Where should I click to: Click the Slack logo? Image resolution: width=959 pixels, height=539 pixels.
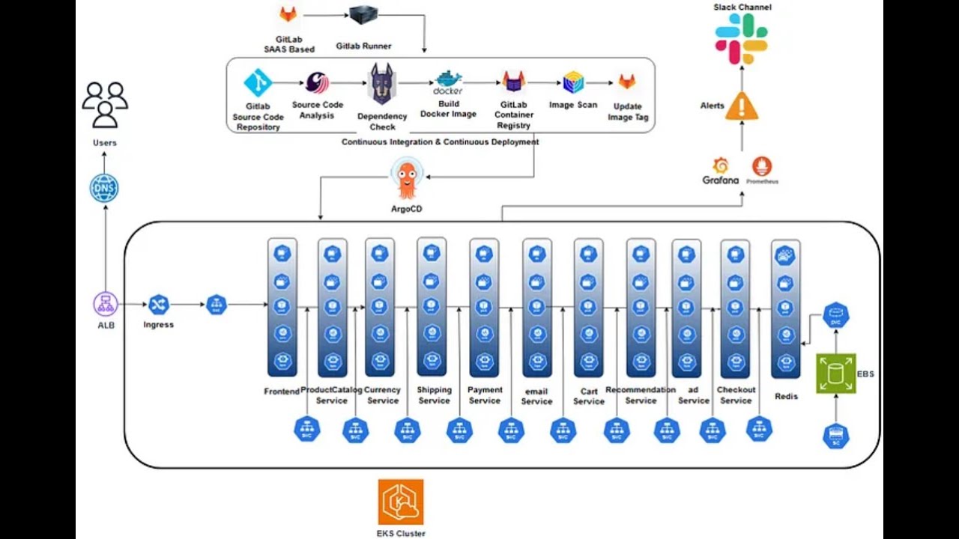741,38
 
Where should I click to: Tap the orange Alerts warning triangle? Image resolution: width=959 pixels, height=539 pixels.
741,106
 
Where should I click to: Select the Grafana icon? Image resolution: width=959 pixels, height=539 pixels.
721,166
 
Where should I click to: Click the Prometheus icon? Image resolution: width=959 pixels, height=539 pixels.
761,166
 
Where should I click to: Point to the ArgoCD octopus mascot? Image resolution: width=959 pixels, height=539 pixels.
407,180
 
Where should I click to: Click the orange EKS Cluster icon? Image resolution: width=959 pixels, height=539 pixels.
401,502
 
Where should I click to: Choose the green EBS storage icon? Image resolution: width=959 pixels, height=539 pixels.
835,373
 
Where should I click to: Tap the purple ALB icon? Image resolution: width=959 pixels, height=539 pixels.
106,304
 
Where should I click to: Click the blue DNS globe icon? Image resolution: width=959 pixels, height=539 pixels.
104,188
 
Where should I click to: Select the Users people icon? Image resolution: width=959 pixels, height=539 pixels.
105,105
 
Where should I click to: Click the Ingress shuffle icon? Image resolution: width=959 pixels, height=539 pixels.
158,305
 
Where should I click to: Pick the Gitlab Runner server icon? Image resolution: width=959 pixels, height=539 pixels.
363,16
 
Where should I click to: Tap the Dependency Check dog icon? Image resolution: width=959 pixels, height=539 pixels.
382,84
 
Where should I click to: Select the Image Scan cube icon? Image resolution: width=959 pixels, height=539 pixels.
573,82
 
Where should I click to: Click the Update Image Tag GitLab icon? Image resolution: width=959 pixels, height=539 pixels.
626,82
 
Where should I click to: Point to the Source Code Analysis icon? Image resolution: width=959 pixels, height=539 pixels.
317,82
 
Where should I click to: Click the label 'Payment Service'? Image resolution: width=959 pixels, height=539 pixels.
485,395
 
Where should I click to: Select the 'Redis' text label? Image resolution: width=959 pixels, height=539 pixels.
786,396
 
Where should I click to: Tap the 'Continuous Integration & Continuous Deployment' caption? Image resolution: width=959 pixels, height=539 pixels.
440,141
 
